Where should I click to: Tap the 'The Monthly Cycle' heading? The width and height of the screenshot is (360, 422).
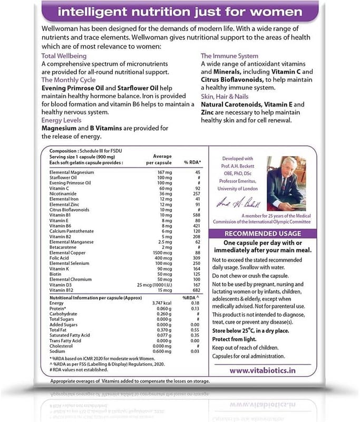tap(69, 80)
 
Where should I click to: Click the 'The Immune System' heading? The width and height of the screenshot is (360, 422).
tap(229, 55)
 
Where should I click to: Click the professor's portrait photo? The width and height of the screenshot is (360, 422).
tap(286, 180)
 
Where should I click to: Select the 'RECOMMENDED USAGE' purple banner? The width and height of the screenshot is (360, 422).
tap(263, 234)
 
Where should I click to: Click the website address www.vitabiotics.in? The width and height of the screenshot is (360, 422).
tap(263, 371)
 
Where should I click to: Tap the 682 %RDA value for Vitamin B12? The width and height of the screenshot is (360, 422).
tap(196, 291)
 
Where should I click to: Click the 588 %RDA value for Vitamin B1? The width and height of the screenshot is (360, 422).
tap(196, 215)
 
